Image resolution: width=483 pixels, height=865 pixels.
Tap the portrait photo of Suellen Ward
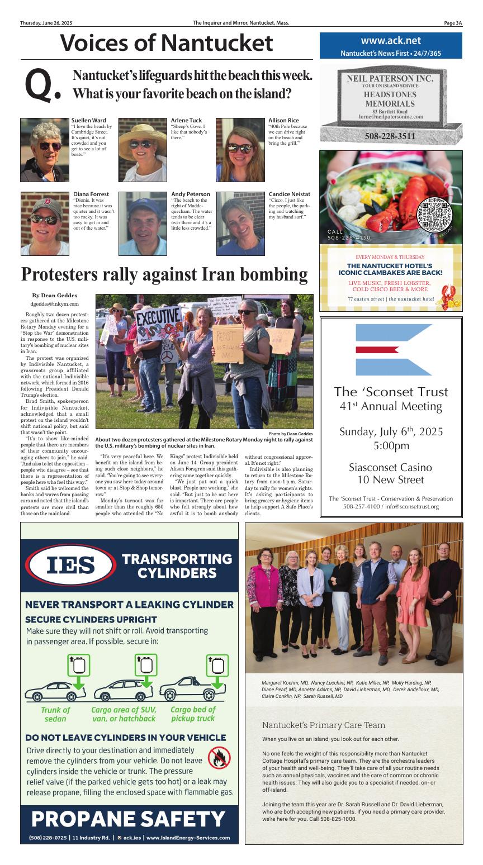click(45, 150)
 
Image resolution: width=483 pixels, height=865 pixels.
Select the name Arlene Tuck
click(186, 120)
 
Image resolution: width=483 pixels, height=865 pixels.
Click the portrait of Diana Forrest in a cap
click(45, 224)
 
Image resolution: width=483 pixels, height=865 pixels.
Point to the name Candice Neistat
click(289, 194)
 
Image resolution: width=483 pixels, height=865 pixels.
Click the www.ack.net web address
click(391, 41)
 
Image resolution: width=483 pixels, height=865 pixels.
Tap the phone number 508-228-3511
click(391, 136)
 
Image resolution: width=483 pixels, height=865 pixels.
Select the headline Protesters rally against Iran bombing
click(164, 274)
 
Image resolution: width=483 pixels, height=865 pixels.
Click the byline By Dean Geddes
click(55, 296)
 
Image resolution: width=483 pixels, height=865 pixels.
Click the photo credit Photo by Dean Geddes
click(290, 434)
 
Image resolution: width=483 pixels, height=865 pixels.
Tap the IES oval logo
click(70, 565)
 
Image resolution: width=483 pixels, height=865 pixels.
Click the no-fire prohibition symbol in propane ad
click(219, 758)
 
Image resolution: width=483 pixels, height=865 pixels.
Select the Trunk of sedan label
click(55, 714)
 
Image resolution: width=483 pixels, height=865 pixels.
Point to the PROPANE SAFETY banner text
click(129, 819)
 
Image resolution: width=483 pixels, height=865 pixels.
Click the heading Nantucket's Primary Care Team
click(324, 725)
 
